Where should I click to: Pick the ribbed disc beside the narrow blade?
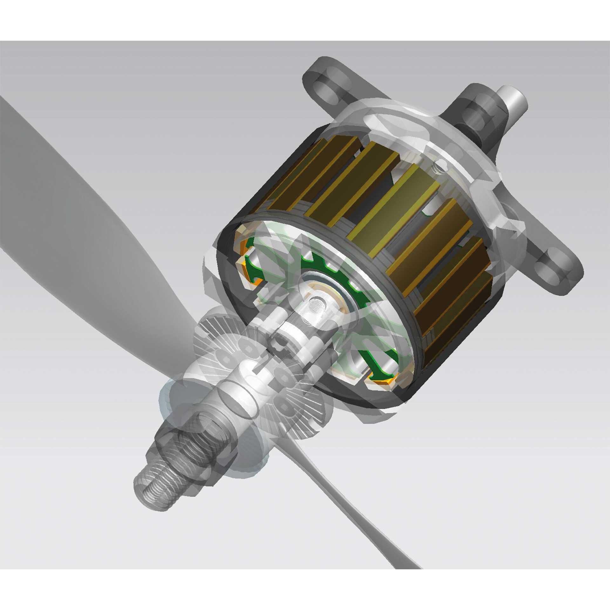tap(305, 410)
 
